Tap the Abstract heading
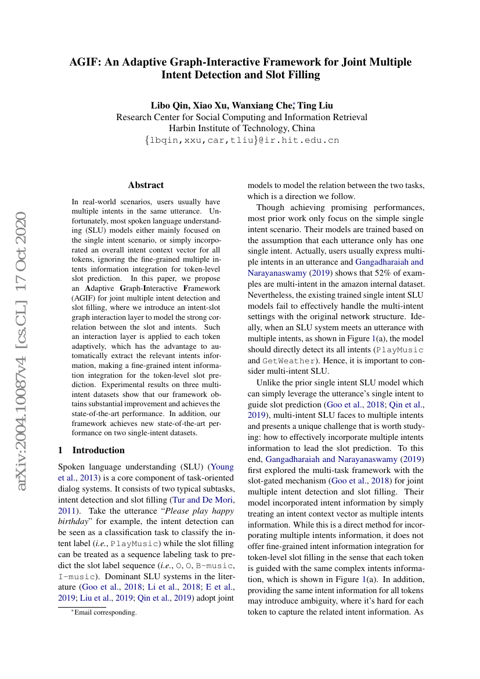click(146, 185)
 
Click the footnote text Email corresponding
click(104, 612)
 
